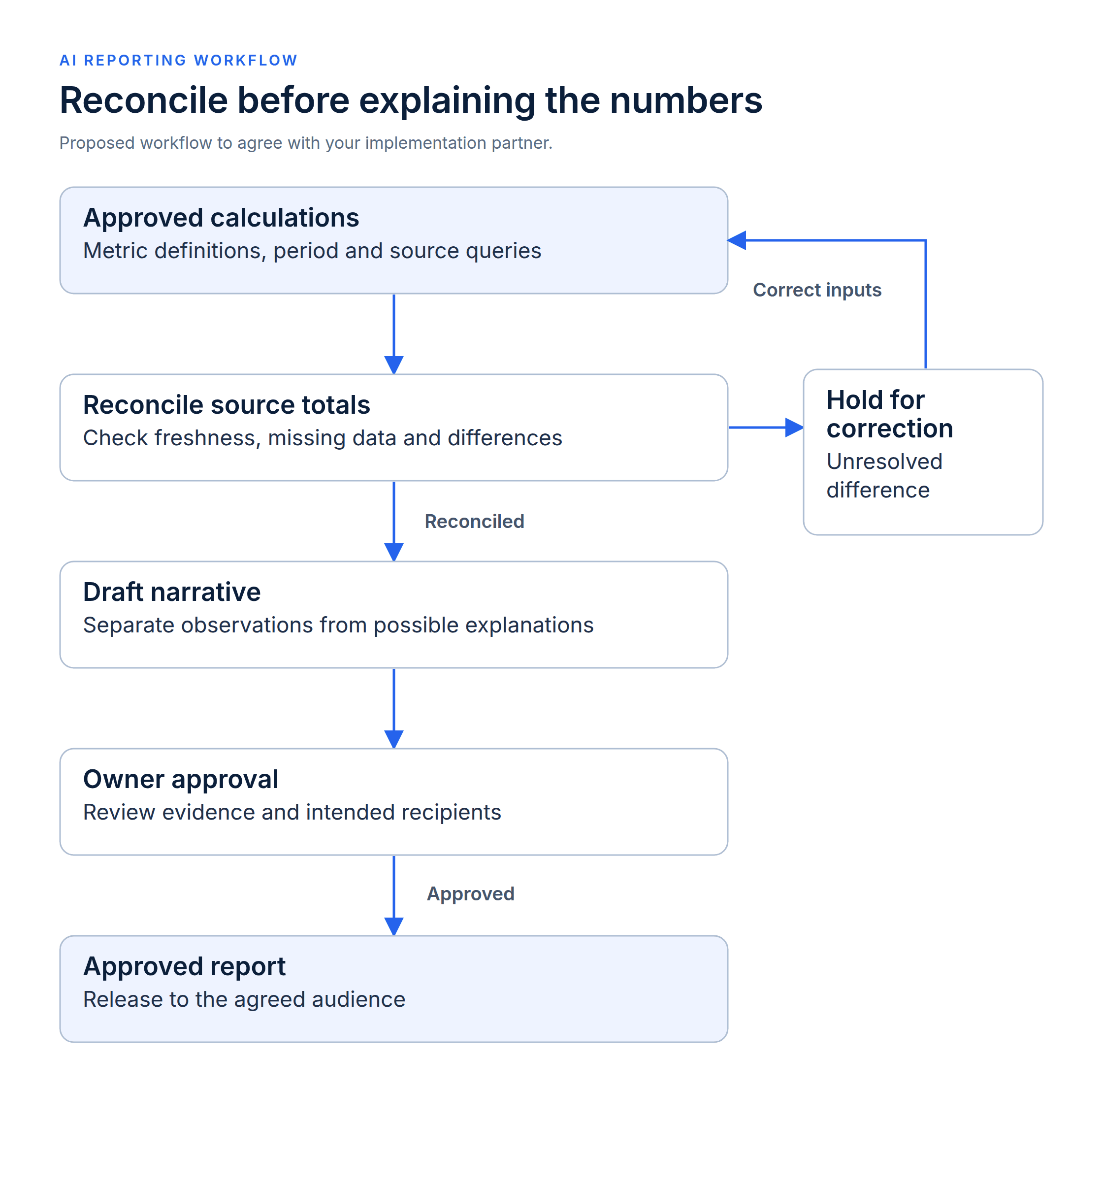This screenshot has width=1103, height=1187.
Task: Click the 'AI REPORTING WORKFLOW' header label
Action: (178, 60)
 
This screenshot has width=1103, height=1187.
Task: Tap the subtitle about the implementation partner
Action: (306, 143)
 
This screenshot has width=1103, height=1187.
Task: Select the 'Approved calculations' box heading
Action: (221, 218)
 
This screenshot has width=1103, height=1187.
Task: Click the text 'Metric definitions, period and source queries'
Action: (312, 251)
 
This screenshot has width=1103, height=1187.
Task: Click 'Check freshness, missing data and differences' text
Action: (323, 438)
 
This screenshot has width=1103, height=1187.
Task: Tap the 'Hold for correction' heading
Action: (890, 414)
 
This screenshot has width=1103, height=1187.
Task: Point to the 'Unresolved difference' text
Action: (884, 476)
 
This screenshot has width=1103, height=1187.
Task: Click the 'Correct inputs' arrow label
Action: (817, 290)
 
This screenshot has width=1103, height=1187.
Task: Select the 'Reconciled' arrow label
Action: (475, 521)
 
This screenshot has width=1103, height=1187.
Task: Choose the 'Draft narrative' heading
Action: (172, 593)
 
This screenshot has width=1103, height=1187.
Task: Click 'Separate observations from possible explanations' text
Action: (338, 625)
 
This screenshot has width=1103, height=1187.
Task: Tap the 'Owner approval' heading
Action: (181, 780)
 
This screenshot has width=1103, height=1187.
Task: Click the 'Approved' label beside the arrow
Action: (471, 894)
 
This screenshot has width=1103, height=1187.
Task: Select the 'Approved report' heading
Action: (185, 967)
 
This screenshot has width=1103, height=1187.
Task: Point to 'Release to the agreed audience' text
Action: (244, 999)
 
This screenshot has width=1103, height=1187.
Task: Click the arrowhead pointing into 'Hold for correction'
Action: (794, 428)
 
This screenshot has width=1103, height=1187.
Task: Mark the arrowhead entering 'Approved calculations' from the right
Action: (737, 241)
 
